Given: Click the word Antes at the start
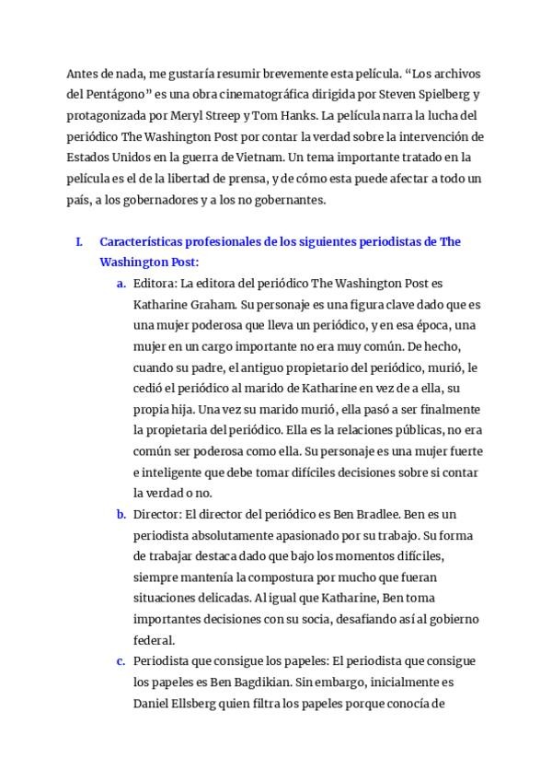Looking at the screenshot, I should pyautogui.click(x=83, y=73).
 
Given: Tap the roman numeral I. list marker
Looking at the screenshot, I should pyautogui.click(x=79, y=242).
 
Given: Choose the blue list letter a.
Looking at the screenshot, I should pyautogui.click(x=121, y=284).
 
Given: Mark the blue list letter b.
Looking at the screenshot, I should pyautogui.click(x=121, y=514).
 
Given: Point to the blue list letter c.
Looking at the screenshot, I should pyautogui.click(x=121, y=661).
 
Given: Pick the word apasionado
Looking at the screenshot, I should pyautogui.click(x=280, y=535).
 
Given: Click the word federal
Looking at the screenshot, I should pyautogui.click(x=153, y=640).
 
